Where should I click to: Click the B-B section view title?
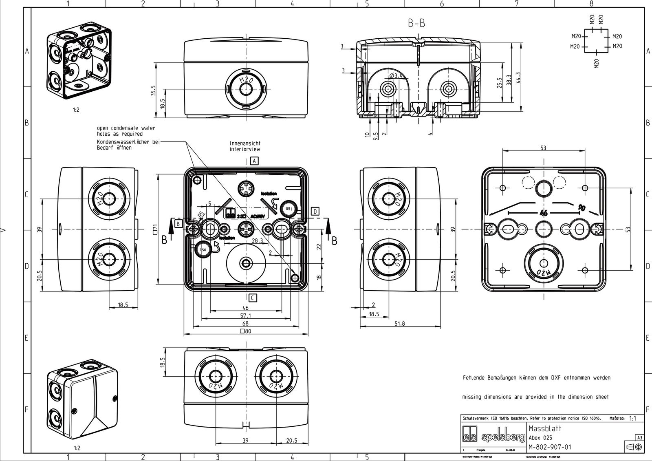[416, 24]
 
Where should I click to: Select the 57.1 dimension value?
[245, 315]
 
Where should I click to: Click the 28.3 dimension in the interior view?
[257, 241]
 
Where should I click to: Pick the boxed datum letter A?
[254, 161]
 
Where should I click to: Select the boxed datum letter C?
[253, 298]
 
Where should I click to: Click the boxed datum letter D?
[315, 211]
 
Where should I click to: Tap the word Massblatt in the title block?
[545, 429]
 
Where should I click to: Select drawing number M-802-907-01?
[550, 447]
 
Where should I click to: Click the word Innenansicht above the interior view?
[245, 143]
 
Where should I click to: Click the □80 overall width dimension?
[245, 331]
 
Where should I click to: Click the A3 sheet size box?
[640, 438]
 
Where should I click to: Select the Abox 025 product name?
[540, 438]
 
